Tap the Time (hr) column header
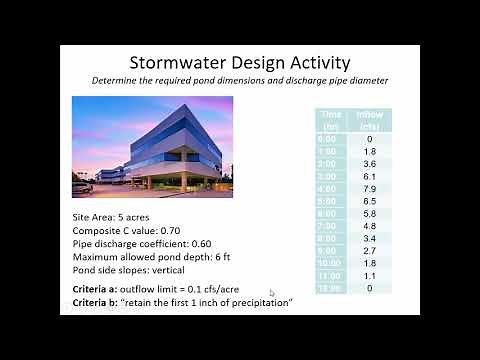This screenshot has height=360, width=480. click(332, 120)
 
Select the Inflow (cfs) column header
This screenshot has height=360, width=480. click(370, 120)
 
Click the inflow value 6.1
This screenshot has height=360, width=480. click(369, 174)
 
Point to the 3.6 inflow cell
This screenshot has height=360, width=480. click(369, 162)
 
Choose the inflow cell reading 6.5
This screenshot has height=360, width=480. click(369, 200)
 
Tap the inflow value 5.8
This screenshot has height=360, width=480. click(369, 213)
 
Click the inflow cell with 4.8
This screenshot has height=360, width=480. click(369, 226)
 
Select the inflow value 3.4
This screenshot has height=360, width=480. click(369, 238)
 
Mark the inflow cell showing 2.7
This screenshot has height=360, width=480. click(369, 251)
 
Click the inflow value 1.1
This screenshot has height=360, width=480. click(369, 275)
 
